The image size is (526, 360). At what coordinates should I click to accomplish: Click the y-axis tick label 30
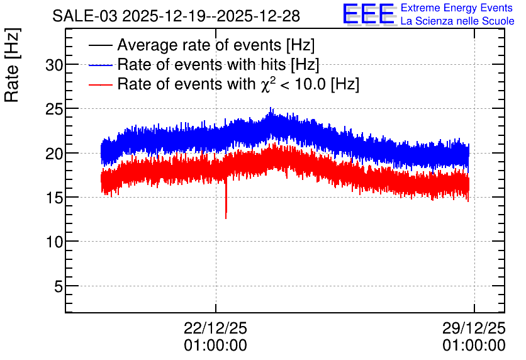pos(54,65)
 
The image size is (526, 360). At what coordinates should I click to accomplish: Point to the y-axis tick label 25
pos(54,110)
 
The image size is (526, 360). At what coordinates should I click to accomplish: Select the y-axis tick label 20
pos(54,154)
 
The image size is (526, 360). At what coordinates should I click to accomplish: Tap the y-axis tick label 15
pos(54,198)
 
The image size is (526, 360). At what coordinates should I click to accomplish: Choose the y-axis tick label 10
pos(54,242)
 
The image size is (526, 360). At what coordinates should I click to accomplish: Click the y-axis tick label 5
pos(59,286)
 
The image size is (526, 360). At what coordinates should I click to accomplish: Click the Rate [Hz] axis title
pos(12,65)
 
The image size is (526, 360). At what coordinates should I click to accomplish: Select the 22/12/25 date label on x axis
pos(215,328)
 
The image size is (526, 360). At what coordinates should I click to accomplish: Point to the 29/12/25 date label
pos(474,328)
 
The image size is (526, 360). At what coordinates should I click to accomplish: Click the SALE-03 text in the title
pos(85,16)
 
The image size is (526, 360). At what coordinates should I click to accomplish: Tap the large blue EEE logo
pos(369,14)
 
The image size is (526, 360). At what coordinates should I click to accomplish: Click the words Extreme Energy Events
pos(457,8)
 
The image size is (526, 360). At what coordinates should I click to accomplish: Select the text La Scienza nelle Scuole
pos(457,21)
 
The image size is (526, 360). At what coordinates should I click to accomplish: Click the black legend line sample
pos(100,45)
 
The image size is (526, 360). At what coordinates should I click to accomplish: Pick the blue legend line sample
pos(100,65)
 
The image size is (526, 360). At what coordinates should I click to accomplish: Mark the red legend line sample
pos(100,84)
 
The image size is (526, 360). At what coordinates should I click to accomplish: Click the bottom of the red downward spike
pos(226,218)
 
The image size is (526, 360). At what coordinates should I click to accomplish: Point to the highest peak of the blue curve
pos(271,108)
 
